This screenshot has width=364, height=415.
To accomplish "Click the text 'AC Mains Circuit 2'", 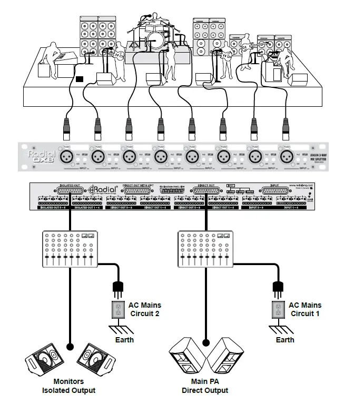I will coord(145,309).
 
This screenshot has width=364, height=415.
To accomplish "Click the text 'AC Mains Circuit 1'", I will coord(304,309).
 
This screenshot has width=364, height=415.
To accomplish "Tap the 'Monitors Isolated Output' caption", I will coord(68,386).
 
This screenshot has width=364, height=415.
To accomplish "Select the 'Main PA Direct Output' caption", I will coord(205,386).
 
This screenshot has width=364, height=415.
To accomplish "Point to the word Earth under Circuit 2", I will coord(125,340).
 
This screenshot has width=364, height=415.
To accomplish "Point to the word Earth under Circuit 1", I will coord(285,340).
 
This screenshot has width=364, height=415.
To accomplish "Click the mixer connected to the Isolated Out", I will coord(68,250).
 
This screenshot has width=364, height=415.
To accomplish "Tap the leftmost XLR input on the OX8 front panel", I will coord(66,156).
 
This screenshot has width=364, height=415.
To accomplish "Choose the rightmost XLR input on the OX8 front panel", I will coord(286,156).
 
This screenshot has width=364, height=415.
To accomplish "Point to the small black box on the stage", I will coord(79,79).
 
